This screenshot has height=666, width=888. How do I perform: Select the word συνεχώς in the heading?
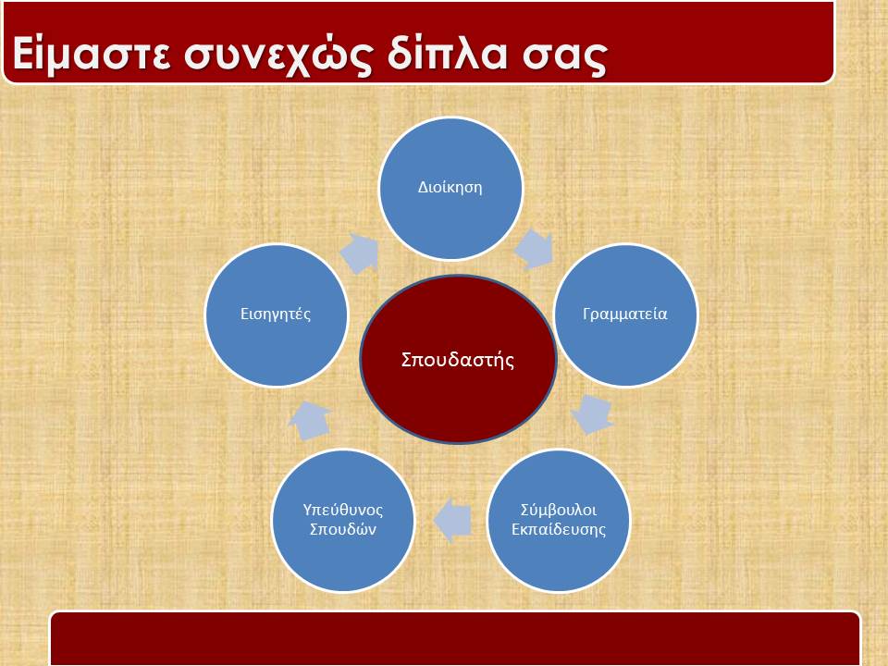coord(278,55)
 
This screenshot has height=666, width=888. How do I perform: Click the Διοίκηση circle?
coord(450,188)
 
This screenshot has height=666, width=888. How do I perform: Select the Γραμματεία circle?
coord(625,314)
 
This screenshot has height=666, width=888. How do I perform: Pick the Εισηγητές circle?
coord(276,314)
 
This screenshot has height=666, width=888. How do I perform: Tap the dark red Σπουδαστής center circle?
coord(458,360)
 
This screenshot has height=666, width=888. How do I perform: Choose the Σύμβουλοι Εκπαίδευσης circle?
coord(559,521)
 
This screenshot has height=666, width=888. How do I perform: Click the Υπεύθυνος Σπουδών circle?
coord(342,521)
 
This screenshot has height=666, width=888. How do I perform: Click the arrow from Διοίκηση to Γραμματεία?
coord(534,249)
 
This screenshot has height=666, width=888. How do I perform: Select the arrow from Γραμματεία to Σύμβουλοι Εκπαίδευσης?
coord(592,414)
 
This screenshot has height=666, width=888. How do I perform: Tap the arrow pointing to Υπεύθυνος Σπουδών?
coord(452,521)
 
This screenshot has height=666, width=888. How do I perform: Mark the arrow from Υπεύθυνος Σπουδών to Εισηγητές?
coord(310,420)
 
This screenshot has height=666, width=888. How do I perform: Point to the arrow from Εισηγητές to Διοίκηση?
coord(360,253)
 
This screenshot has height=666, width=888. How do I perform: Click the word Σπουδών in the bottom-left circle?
coord(342,530)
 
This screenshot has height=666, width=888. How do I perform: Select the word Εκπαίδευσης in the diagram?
coord(559,530)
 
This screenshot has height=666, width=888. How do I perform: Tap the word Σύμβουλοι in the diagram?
coord(559,511)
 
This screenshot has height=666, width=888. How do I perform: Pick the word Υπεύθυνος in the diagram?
coord(342,511)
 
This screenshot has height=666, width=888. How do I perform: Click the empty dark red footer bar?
coord(455,638)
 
